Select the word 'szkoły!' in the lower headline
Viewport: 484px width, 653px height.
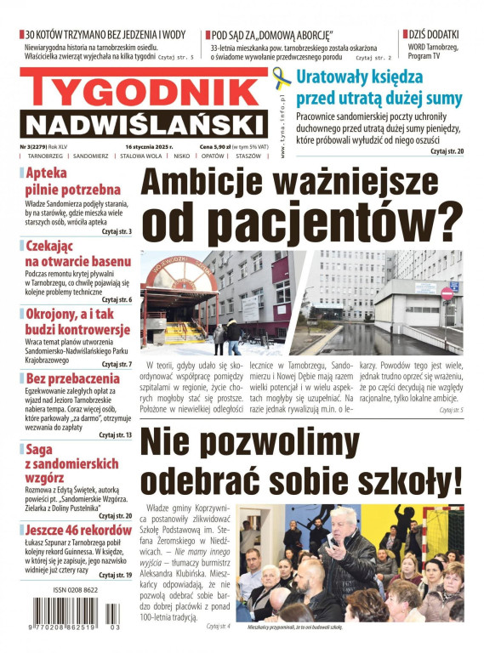(x=396, y=480)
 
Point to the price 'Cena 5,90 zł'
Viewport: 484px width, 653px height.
(x=219, y=146)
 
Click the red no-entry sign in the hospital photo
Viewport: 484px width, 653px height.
(x=447, y=293)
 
